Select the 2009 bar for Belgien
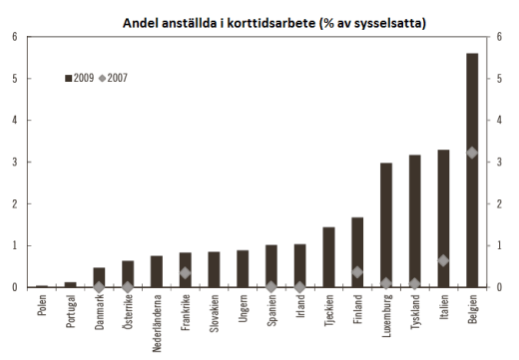(472, 170)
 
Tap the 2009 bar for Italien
(443, 218)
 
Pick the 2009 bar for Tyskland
(414, 221)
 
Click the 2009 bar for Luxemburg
(385, 225)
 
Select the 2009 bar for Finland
(357, 252)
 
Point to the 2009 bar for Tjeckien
(328, 257)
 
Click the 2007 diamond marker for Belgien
(472, 153)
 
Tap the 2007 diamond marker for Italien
(443, 260)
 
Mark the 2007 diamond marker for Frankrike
(185, 272)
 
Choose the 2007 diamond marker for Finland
(357, 271)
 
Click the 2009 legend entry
(80, 77)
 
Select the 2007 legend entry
(113, 77)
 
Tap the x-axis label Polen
(42, 310)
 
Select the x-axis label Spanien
(271, 313)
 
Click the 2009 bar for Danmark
(99, 277)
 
